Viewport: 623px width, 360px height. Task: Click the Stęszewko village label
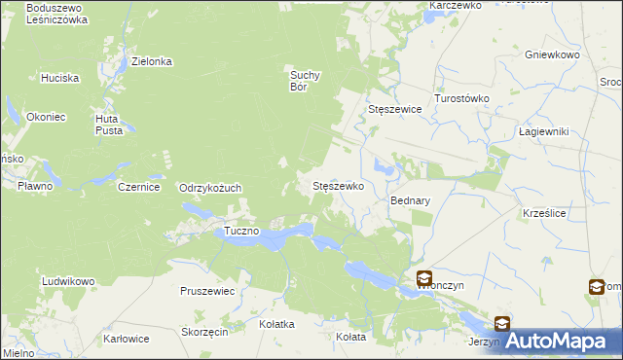tap(337, 185)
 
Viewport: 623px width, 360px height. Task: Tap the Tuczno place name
tap(241, 231)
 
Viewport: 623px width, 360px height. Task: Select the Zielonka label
tap(152, 61)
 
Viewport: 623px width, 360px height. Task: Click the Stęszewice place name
tap(394, 110)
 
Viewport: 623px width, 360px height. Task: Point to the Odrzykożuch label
tap(209, 188)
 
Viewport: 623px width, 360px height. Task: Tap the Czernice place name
tap(138, 187)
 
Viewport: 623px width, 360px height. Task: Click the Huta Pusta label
tap(107, 125)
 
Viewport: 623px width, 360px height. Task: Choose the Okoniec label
tap(47, 117)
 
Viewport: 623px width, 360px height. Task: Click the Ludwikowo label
tap(68, 281)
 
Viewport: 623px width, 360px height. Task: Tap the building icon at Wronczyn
tap(424, 279)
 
